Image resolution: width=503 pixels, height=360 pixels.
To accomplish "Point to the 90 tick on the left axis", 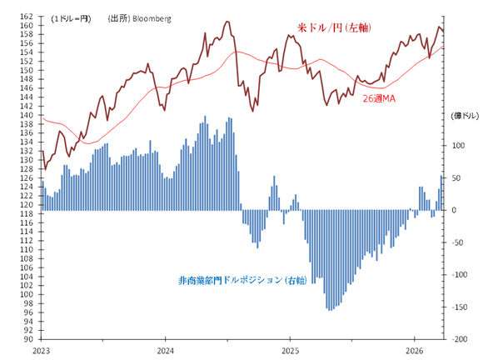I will click(29, 339).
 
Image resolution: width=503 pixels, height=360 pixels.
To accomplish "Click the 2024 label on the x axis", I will click(166, 351).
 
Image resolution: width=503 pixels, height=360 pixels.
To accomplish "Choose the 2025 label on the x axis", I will click(290, 351).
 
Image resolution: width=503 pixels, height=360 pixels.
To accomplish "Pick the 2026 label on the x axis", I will click(414, 351).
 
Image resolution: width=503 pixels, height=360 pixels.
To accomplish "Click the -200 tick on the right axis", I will click(461, 339).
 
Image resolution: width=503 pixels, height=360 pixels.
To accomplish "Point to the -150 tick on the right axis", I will click(461, 307).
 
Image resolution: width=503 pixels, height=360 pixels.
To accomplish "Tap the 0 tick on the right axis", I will click(455, 210).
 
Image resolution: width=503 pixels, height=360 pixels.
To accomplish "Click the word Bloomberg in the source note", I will click(152, 17).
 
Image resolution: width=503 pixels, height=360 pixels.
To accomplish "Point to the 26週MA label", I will click(381, 98).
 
